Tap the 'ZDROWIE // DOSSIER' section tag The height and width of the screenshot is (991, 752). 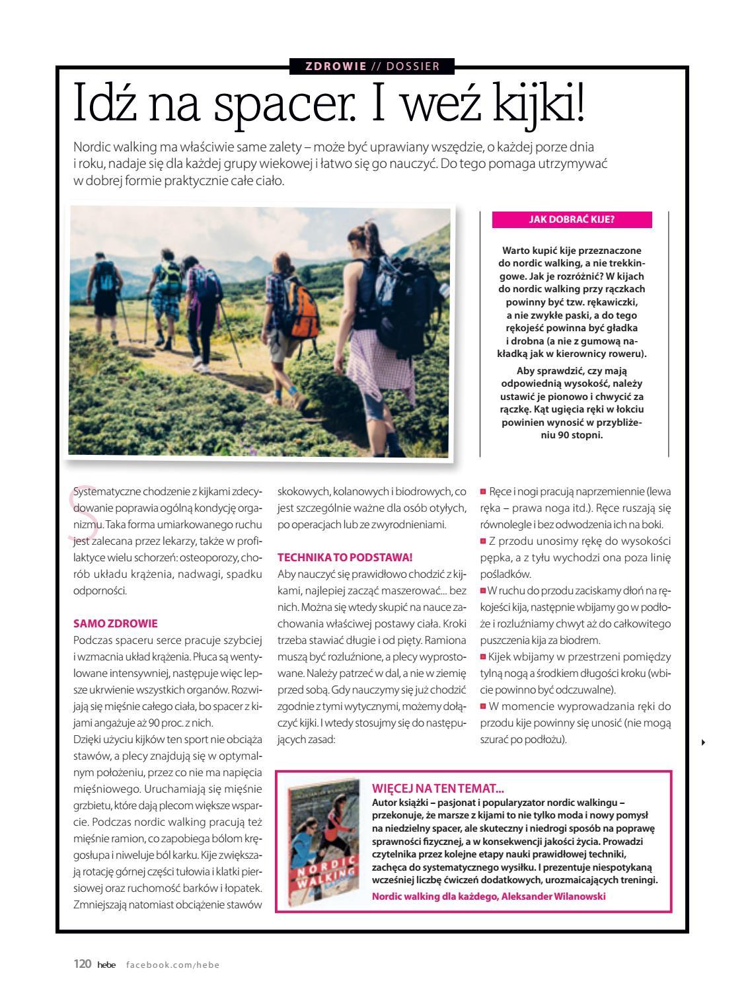click(373, 66)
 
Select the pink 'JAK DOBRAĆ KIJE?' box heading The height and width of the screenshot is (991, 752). click(572, 220)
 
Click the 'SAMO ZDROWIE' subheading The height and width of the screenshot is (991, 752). click(116, 623)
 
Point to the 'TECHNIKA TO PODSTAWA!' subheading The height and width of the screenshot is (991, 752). click(345, 557)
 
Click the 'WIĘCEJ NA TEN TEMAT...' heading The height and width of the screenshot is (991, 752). click(438, 788)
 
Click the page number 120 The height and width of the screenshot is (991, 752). click(82, 965)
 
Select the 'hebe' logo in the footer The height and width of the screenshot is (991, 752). click(106, 965)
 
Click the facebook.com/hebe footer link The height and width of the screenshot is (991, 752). click(172, 965)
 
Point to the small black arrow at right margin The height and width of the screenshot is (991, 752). click(703, 742)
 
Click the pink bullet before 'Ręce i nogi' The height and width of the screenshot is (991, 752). click(483, 492)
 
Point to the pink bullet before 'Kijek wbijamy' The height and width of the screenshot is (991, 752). click(483, 656)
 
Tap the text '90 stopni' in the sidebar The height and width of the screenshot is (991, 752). click(581, 435)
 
